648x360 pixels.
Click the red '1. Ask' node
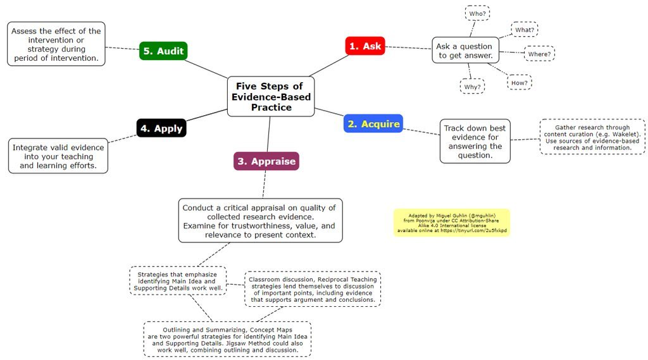pos(364,46)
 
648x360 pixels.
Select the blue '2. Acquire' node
pos(373,123)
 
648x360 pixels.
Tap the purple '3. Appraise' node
pos(266,161)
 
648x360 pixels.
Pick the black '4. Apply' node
pos(161,128)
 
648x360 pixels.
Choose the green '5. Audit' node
pos(163,51)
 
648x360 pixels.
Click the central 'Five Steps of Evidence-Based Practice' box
pos(270,96)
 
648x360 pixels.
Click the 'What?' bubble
pos(525,30)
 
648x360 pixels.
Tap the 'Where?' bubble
pos(539,54)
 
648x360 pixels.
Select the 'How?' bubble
pos(519,82)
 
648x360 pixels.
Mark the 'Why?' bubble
pos(472,86)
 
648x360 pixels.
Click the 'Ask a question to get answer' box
pos(464,51)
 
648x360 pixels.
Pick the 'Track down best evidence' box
pos(475,142)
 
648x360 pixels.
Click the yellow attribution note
pos(451,222)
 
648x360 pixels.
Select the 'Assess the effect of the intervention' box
pos(57,44)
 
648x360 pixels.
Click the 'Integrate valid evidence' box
pos(58,156)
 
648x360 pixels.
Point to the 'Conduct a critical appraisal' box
pos(260,221)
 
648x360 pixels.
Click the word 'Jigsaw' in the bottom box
pos(248,342)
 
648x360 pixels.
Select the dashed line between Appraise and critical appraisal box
pos(264,184)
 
